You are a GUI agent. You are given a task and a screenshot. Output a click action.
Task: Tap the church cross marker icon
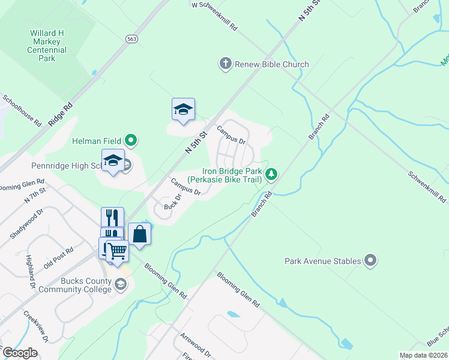point(225,64)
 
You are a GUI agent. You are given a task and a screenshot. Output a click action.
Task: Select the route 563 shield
point(132,38)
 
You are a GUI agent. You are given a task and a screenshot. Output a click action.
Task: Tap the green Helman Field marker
point(131,141)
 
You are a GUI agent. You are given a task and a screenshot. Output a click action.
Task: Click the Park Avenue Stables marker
point(370,261)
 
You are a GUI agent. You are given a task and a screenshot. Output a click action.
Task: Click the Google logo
point(20,353)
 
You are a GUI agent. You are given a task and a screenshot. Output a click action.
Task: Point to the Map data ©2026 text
point(424,355)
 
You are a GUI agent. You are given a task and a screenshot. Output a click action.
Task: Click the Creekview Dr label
point(36,326)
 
